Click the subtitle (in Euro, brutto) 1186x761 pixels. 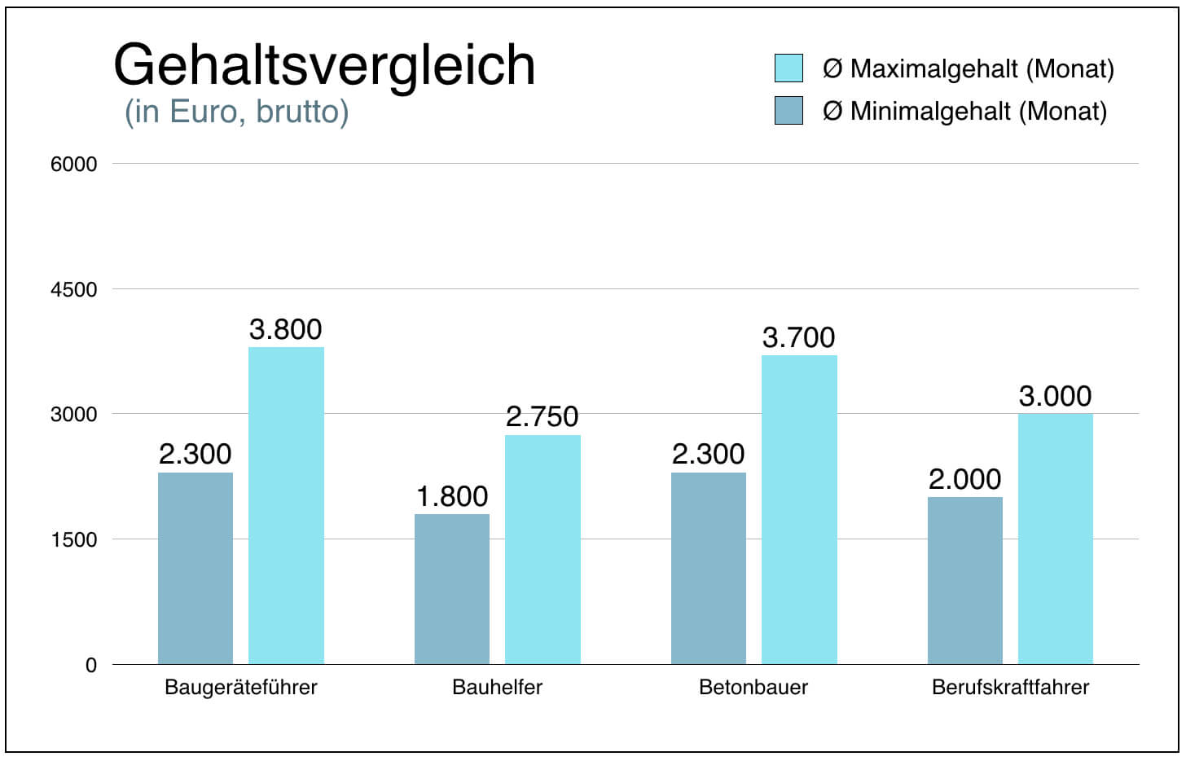click(x=236, y=111)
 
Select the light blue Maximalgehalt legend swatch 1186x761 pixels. click(x=788, y=68)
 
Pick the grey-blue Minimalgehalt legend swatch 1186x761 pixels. click(x=788, y=111)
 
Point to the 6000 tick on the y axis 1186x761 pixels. click(x=73, y=164)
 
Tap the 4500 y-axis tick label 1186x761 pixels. click(x=73, y=289)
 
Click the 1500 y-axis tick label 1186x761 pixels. click(x=73, y=539)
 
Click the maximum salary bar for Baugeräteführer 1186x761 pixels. click(x=286, y=505)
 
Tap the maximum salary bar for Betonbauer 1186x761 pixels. click(x=799, y=509)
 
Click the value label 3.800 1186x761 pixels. click(x=286, y=329)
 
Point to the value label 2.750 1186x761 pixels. click(x=542, y=416)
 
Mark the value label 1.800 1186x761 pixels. click(x=452, y=496)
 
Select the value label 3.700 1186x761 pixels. click(x=799, y=337)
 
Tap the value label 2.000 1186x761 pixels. click(x=965, y=479)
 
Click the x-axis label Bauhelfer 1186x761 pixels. click(x=497, y=687)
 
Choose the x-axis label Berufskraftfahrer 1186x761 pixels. click(x=1010, y=687)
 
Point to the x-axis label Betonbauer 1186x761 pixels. click(x=753, y=687)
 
